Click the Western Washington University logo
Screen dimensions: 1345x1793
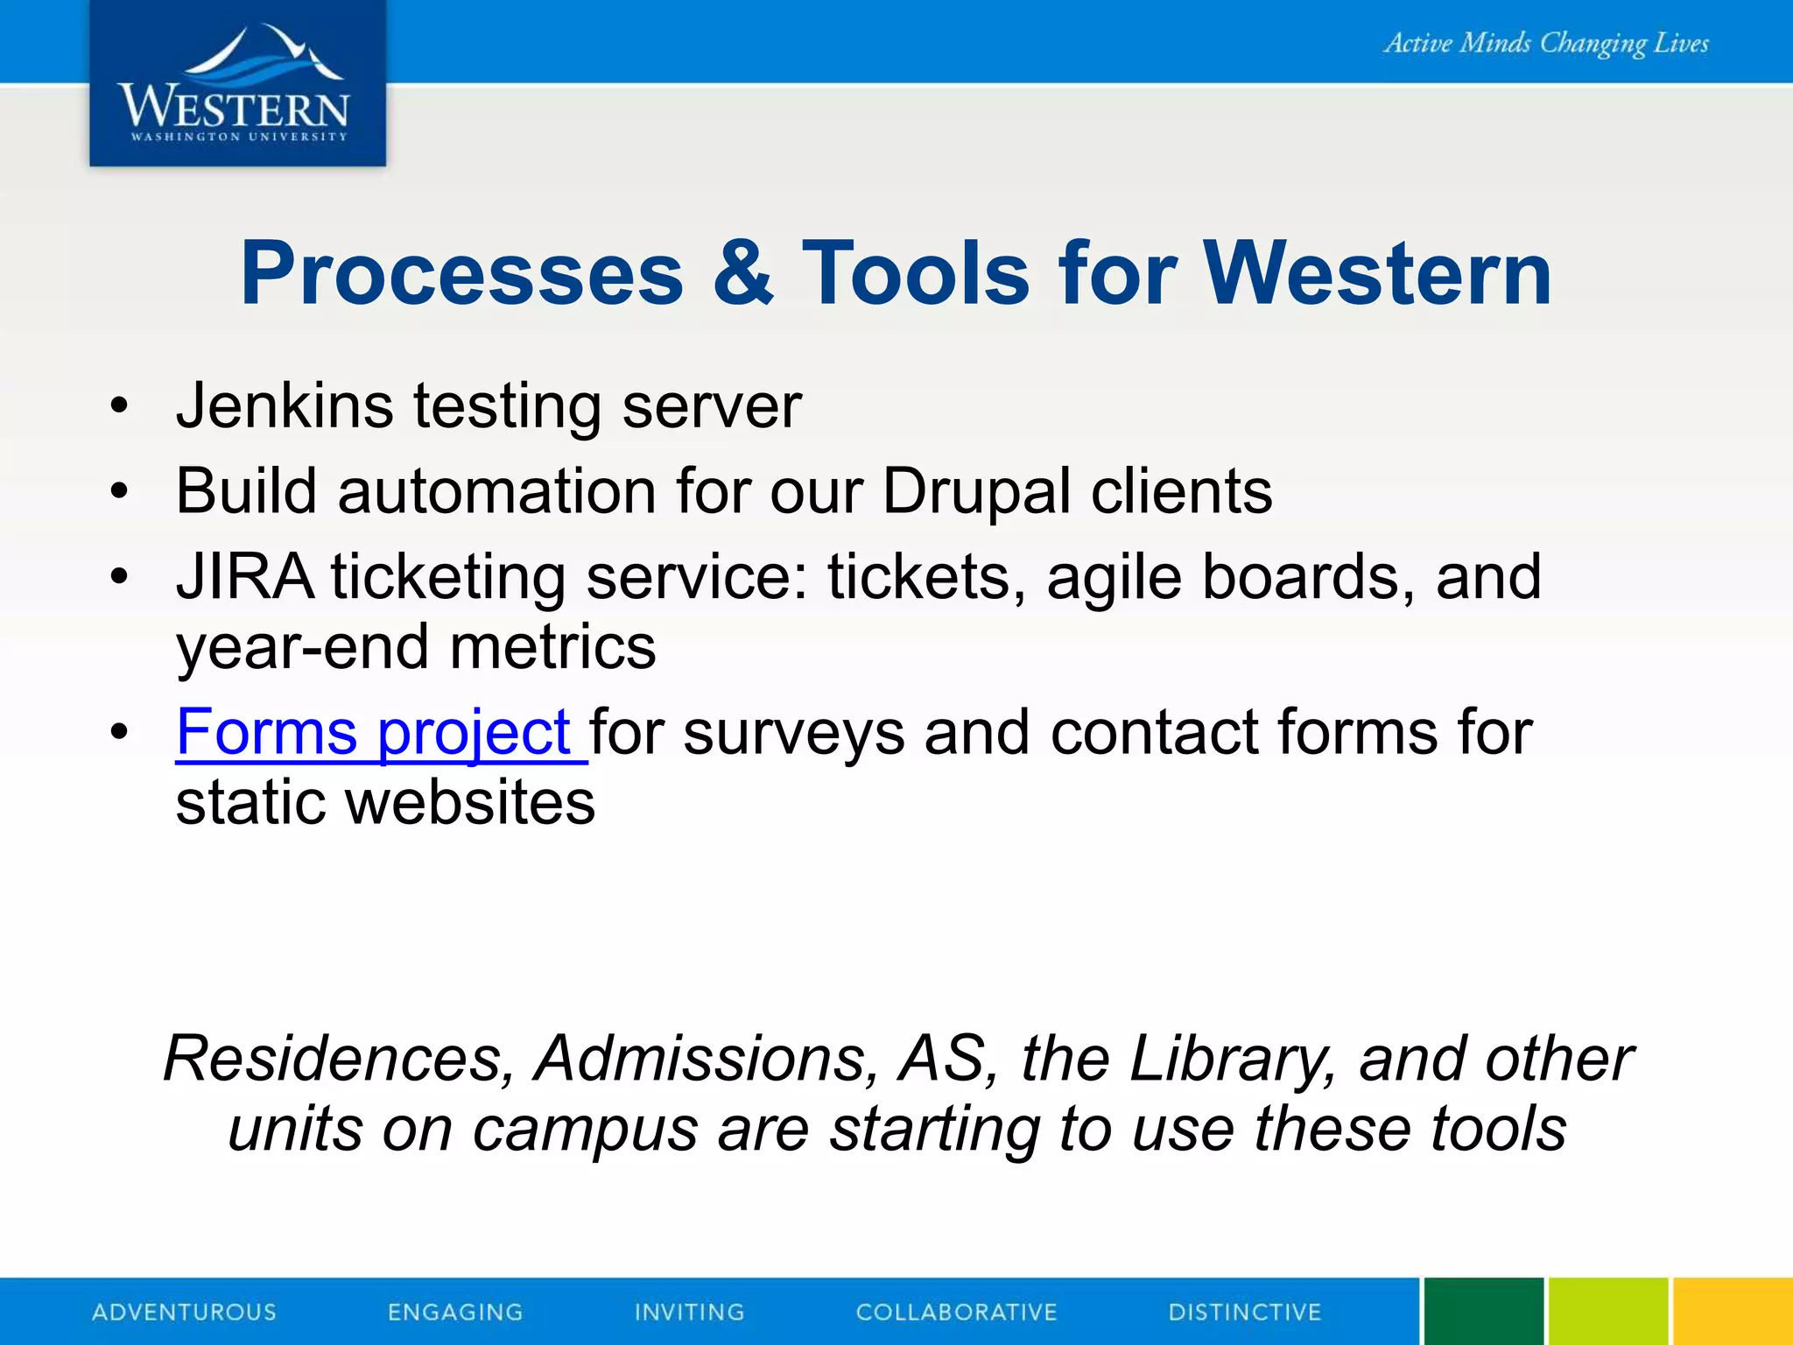click(x=236, y=85)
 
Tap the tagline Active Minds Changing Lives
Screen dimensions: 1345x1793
click(x=1545, y=43)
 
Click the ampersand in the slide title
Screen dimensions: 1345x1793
click(x=742, y=274)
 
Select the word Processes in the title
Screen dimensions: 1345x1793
click(x=461, y=274)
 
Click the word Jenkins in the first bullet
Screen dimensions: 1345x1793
click(x=285, y=406)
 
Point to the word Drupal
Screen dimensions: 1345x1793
click(x=976, y=492)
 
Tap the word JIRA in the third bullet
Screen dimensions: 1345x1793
click(x=244, y=577)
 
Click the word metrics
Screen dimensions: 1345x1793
click(x=552, y=648)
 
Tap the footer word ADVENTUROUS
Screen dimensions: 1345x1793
click(x=184, y=1312)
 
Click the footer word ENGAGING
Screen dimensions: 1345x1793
click(x=455, y=1312)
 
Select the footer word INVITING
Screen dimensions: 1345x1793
click(x=689, y=1312)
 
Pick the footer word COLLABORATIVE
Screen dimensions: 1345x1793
click(x=956, y=1312)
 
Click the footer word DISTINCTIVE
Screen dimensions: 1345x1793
click(x=1244, y=1312)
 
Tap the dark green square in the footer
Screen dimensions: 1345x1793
click(x=1483, y=1312)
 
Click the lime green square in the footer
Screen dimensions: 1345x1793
click(x=1607, y=1312)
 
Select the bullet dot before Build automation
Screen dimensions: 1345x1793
click(x=119, y=492)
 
